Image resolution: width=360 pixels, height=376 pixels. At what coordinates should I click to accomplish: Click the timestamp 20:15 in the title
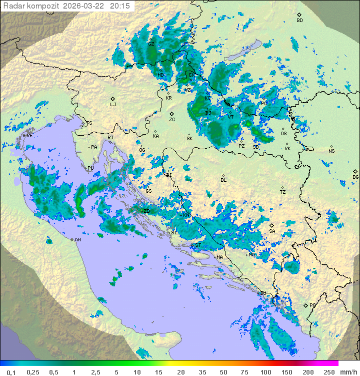tap(119, 6)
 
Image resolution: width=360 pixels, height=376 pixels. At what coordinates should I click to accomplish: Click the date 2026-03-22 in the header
tap(85, 6)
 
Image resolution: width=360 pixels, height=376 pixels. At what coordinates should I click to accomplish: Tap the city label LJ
tap(113, 105)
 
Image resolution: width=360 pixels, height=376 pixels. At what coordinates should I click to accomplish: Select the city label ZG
tap(172, 120)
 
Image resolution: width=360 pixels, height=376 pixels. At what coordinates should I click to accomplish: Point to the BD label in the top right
tap(299, 21)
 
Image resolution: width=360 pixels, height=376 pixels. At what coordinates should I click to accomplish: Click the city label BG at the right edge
tap(355, 177)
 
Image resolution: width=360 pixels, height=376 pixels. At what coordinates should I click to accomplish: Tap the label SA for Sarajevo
tap(272, 231)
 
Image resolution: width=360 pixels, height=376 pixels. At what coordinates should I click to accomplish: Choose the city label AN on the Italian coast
tap(77, 240)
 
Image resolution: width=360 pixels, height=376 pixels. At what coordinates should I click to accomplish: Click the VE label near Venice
tap(29, 136)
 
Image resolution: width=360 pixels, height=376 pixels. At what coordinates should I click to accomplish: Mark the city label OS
tap(283, 134)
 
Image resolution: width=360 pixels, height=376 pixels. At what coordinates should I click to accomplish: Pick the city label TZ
tap(282, 192)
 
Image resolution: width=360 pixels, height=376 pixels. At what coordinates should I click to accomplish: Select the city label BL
tap(223, 180)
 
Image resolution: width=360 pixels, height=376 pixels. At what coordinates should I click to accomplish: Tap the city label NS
tap(331, 151)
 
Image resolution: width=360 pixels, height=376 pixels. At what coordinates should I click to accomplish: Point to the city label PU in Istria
tap(90, 168)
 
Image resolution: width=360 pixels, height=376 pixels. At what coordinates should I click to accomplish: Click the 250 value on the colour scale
tap(328, 372)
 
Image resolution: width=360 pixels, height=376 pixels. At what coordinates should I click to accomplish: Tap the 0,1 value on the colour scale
tap(11, 372)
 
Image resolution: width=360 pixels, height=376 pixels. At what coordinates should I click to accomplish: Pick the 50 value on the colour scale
tap(222, 372)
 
